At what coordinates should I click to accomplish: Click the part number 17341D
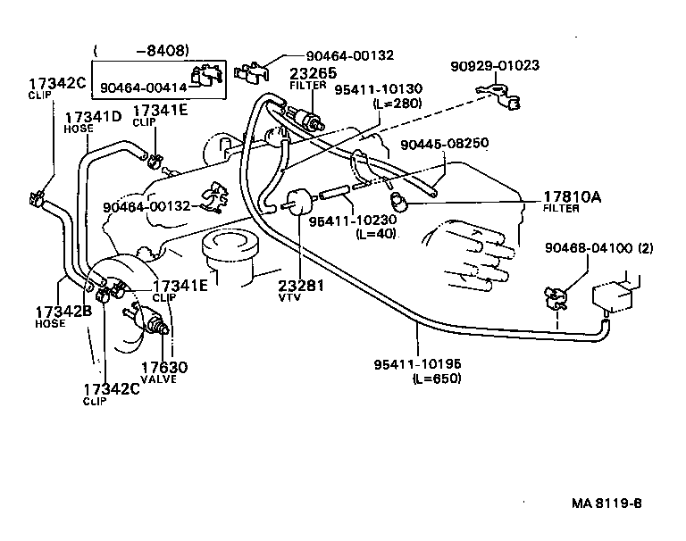(92, 116)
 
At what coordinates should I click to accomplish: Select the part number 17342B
(63, 312)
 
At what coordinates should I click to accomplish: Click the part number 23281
(299, 287)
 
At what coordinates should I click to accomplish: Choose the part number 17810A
(573, 197)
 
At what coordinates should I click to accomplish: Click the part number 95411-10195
(418, 364)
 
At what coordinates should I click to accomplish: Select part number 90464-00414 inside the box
(143, 87)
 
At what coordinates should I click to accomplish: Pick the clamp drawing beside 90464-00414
(206, 78)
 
